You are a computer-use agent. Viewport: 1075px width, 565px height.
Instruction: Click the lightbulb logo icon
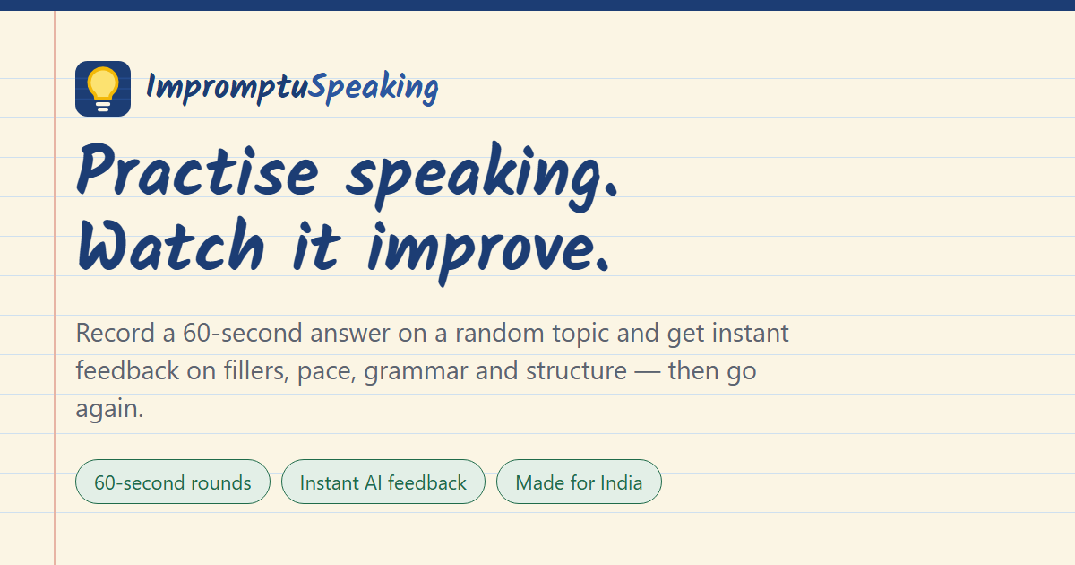click(103, 89)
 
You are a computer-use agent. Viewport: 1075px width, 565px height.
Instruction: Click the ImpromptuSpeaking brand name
click(292, 88)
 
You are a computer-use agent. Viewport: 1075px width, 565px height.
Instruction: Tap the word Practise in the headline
click(197, 170)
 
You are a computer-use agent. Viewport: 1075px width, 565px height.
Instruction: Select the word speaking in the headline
click(481, 177)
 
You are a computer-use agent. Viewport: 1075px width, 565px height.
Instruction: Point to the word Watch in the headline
click(171, 247)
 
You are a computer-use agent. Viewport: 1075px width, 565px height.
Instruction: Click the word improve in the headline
click(488, 253)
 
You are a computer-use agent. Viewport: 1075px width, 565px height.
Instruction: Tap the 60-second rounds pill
click(173, 482)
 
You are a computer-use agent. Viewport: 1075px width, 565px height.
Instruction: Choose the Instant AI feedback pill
click(383, 482)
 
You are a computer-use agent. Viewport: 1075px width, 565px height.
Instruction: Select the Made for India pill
click(579, 482)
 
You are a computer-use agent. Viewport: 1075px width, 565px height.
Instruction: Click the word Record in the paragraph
click(116, 333)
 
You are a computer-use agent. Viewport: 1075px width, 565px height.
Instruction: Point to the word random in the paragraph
click(500, 333)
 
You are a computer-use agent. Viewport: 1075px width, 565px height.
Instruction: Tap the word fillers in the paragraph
click(256, 370)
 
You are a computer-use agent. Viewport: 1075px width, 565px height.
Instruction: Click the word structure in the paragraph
click(576, 371)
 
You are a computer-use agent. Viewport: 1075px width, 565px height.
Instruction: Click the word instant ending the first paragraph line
click(751, 333)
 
